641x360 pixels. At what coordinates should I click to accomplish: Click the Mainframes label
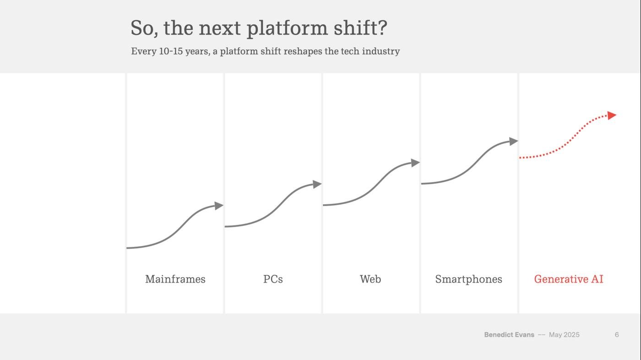click(175, 279)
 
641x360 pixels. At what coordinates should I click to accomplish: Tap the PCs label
click(273, 279)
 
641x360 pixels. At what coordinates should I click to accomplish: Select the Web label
click(370, 279)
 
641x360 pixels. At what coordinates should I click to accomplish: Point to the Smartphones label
click(468, 279)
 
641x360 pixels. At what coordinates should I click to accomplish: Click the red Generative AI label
click(569, 279)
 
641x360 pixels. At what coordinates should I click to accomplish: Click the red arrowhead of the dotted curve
click(612, 115)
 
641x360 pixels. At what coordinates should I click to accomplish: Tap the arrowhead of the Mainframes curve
click(219, 206)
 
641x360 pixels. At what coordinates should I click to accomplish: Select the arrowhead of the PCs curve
click(317, 184)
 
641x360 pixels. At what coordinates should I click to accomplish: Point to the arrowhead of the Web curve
click(415, 163)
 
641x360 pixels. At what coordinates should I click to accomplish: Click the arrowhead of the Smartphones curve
click(513, 142)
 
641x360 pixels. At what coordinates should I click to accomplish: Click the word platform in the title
click(287, 28)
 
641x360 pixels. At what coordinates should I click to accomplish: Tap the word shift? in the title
click(360, 28)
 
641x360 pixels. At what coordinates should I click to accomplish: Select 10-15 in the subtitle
click(170, 51)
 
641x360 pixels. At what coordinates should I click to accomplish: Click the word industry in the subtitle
click(381, 51)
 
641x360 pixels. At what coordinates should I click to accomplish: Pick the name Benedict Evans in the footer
click(509, 335)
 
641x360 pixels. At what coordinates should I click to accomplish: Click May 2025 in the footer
click(564, 335)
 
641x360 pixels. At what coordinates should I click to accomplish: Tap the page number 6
click(617, 335)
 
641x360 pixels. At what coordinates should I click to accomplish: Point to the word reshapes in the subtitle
click(303, 51)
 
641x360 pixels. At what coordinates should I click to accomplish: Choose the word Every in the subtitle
click(143, 51)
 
